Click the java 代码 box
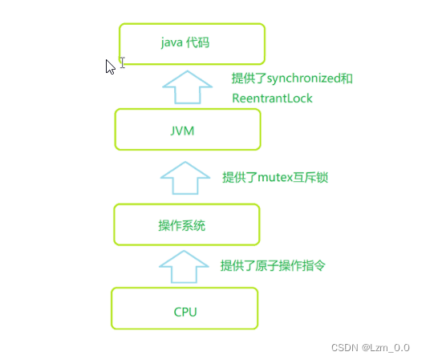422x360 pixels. pos(192,44)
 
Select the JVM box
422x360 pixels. pos(188,130)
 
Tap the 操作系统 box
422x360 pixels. pos(186,225)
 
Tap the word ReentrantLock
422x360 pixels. pos(272,99)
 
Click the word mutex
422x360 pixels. pos(274,177)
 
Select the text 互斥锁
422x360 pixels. pos(310,177)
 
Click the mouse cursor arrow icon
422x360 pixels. pos(111,67)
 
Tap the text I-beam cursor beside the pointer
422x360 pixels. pos(122,62)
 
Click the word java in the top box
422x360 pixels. pos(172,42)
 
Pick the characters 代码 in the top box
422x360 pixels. pos(198,42)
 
